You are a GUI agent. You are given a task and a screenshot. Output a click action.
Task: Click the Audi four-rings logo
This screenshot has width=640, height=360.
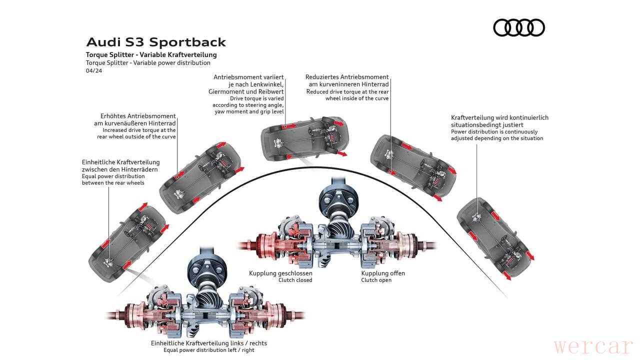pos(518,27)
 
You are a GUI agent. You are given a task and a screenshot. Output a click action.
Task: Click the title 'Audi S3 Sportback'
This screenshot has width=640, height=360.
pos(156,42)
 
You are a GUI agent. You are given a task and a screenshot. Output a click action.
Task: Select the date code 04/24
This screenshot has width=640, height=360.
pos(93,71)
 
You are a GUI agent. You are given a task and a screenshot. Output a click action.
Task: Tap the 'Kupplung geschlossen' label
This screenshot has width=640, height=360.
pos(280,273)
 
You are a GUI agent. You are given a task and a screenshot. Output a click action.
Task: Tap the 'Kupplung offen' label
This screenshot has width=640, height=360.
pos(383,273)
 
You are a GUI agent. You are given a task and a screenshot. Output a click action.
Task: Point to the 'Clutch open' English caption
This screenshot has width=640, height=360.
pos(376,280)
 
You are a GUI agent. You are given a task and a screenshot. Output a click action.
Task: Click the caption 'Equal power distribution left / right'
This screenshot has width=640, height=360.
pos(209,350)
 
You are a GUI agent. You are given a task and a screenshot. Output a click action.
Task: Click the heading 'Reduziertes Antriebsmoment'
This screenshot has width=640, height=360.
pos(347,77)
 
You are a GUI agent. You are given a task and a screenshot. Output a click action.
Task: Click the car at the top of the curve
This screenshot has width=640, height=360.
pos(302,137)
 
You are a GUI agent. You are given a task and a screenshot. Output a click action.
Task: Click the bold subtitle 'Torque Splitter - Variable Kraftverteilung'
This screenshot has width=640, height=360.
pos(151,54)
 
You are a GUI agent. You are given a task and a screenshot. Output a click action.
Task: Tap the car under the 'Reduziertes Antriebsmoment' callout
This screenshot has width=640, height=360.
pos(412,165)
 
